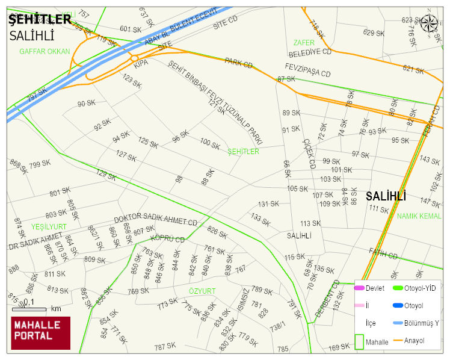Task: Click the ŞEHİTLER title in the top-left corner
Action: [40, 20]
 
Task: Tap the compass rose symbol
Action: [429, 23]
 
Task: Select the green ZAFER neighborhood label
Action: [304, 43]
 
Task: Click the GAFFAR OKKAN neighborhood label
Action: [45, 52]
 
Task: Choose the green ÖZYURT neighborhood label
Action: [202, 291]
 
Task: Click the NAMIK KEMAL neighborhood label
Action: [419, 216]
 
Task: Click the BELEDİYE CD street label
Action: [310, 52]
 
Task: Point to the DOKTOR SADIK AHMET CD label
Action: [156, 221]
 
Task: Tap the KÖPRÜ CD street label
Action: [167, 239]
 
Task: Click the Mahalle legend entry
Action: [376, 341]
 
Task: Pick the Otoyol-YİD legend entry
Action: [420, 288]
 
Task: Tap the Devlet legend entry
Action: [374, 288]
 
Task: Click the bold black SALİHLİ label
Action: [386, 196]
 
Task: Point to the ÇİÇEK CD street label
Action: [309, 153]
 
